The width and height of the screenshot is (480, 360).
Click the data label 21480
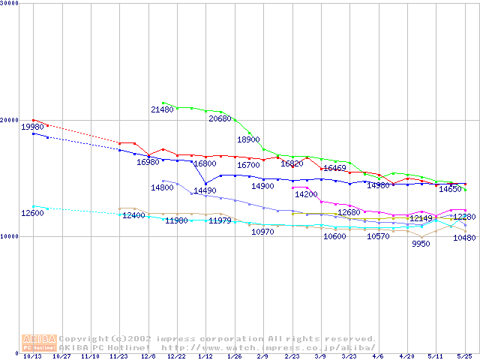pos(163,109)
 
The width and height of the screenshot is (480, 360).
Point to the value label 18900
pos(248,139)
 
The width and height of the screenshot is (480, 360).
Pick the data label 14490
pos(205,191)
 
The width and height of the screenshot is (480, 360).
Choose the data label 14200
pos(306,194)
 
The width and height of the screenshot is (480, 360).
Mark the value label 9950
pos(420,244)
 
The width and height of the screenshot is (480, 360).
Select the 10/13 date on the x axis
pos(32,357)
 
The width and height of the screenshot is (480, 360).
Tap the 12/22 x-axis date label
pos(176,357)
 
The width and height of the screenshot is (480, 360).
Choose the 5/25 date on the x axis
pos(465,357)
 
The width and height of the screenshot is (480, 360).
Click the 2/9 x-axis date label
pos(262,357)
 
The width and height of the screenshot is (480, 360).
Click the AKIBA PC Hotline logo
pos(39,343)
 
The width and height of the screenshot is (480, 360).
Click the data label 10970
pos(262,232)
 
